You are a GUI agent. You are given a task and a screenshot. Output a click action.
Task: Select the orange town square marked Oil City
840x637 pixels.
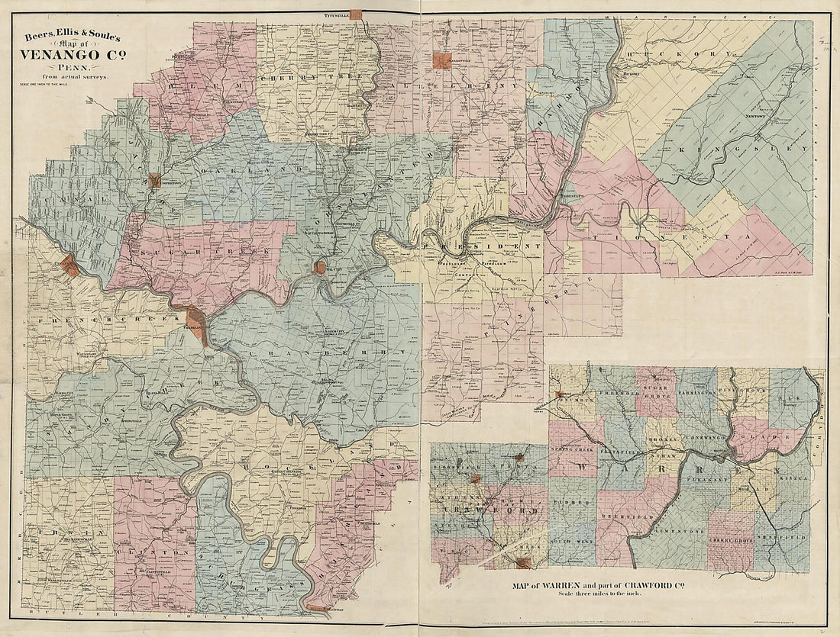click(319, 268)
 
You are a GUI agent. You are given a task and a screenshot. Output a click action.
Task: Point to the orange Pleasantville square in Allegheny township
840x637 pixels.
click(441, 61)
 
